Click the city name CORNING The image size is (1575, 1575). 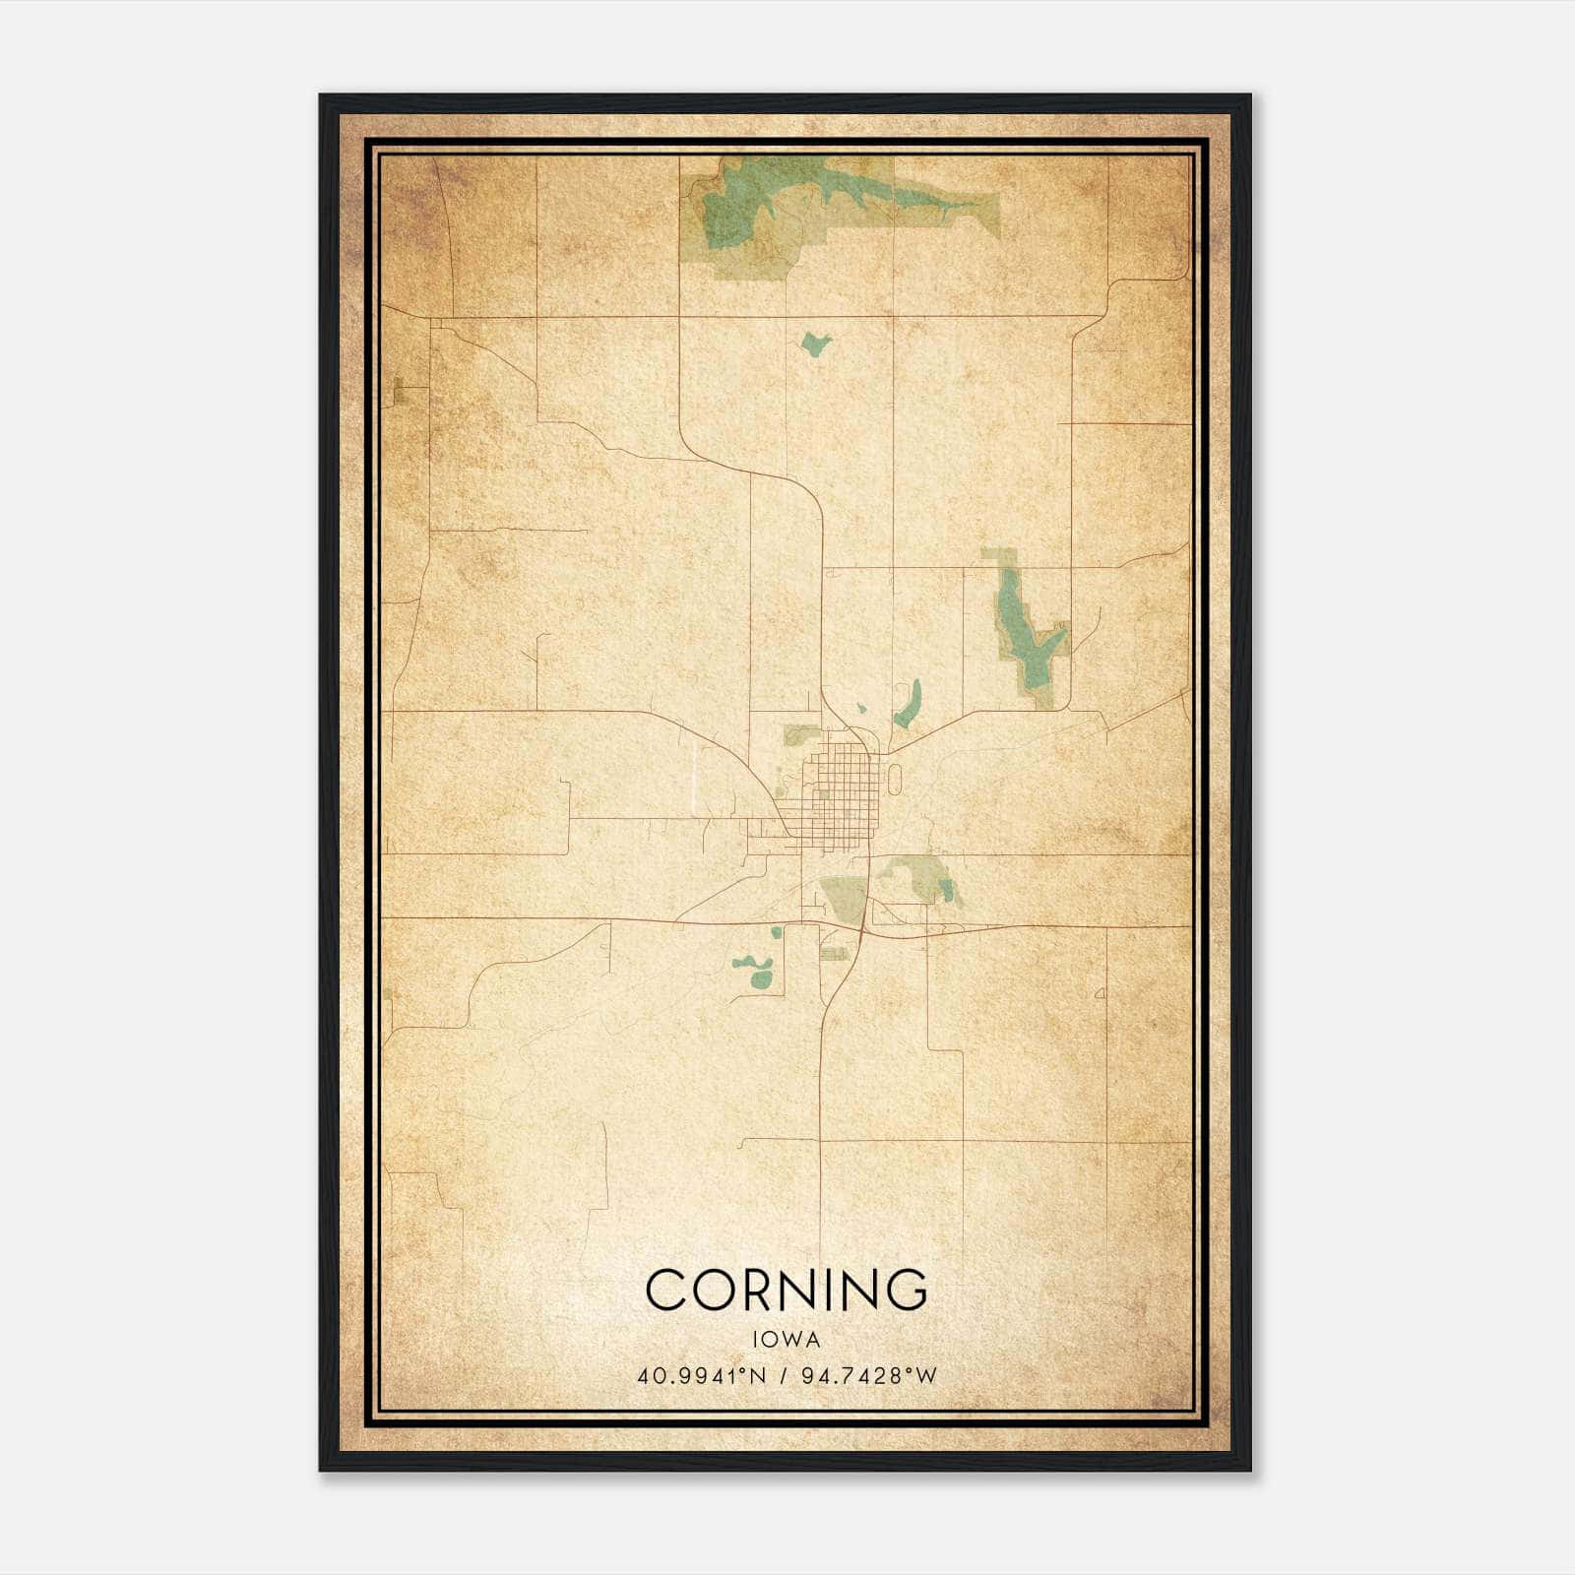pyautogui.click(x=787, y=1290)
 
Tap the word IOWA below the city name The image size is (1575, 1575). pyautogui.click(x=787, y=1339)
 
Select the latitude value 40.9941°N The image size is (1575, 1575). pyautogui.click(x=701, y=1375)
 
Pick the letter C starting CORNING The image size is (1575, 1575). pyautogui.click(x=666, y=1290)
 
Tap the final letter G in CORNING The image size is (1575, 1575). pyautogui.click(x=905, y=1290)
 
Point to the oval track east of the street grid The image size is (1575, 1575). pyautogui.click(x=894, y=781)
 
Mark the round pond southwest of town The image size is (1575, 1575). pyautogui.click(x=761, y=978)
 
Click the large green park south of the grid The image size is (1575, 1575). pyautogui.click(x=843, y=896)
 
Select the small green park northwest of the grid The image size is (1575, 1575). pyautogui.click(x=799, y=734)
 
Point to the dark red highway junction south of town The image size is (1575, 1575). pyautogui.click(x=862, y=927)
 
